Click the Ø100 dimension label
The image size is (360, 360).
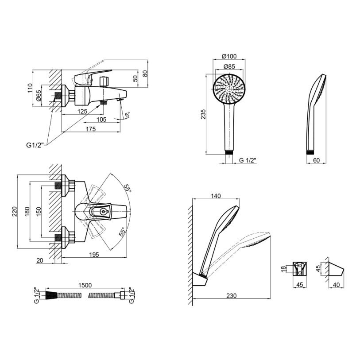(229, 56)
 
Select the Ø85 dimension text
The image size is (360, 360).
(229, 66)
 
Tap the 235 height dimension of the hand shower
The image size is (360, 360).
(203, 114)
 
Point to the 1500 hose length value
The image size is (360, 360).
(85, 285)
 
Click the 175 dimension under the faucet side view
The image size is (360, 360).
(91, 129)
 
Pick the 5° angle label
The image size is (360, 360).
(127, 115)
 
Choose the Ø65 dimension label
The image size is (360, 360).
(39, 96)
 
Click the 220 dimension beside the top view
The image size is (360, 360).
(15, 211)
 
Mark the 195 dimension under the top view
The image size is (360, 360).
(94, 254)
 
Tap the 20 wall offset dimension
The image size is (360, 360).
(40, 260)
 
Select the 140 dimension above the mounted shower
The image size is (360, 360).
(216, 196)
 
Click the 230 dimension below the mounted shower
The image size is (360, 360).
(231, 295)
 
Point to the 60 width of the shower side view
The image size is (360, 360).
(316, 160)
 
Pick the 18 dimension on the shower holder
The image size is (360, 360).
(284, 269)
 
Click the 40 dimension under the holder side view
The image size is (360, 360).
(336, 285)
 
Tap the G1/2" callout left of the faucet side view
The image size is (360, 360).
(35, 145)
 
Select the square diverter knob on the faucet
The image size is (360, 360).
(105, 81)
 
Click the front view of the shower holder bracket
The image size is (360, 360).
(300, 268)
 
